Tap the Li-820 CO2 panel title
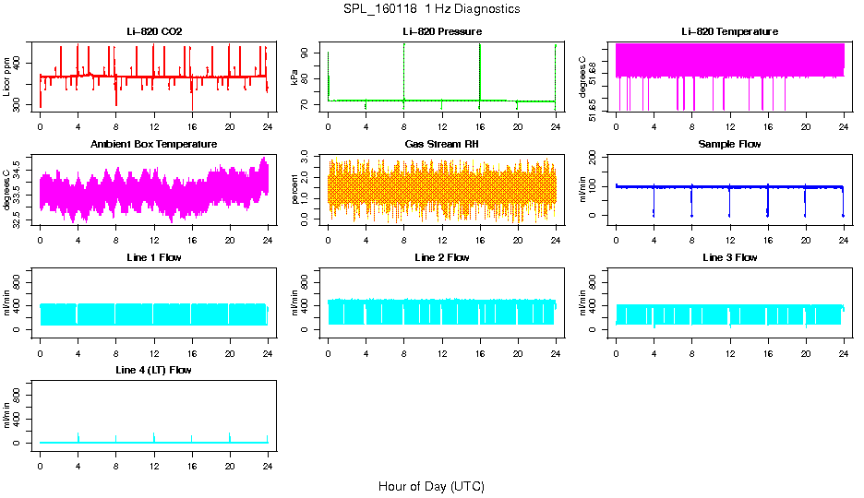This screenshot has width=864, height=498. (x=154, y=31)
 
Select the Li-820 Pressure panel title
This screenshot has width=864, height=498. (x=442, y=31)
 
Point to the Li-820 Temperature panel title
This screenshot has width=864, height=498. (x=729, y=31)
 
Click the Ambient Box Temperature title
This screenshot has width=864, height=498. (x=154, y=144)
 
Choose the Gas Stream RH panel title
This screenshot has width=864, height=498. (x=442, y=144)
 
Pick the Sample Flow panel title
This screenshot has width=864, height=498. (x=729, y=144)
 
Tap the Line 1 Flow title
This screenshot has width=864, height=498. (x=154, y=257)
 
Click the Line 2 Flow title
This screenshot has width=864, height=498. (x=442, y=257)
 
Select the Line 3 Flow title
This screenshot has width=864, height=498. (x=729, y=257)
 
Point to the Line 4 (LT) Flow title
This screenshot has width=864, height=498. (x=154, y=370)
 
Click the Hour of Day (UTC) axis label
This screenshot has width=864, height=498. (x=431, y=486)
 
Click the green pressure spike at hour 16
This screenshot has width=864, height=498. (x=480, y=69)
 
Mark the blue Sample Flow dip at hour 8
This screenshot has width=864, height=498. (x=691, y=203)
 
